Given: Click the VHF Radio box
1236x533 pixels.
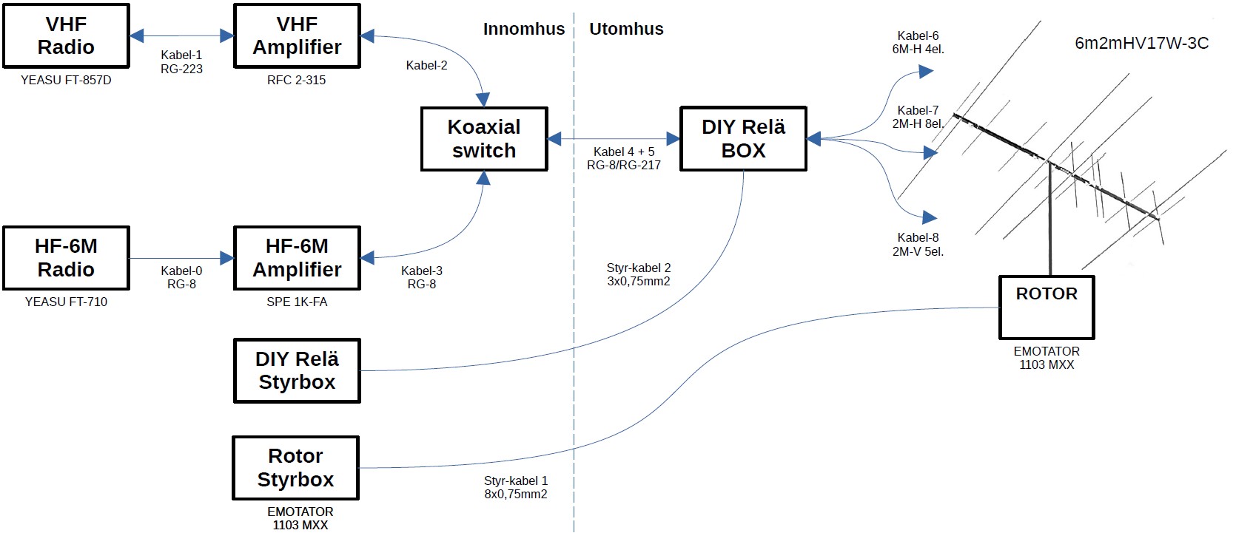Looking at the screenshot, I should (67, 35).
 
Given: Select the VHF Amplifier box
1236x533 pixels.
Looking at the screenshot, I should (297, 35).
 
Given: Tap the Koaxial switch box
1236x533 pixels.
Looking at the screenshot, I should (484, 139).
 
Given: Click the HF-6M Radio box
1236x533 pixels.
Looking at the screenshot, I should (67, 258).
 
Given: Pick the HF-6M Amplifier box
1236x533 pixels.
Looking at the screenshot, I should (297, 258).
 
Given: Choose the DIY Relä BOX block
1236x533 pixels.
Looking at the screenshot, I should (743, 139).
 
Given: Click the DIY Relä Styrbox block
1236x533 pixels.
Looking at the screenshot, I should (297, 370).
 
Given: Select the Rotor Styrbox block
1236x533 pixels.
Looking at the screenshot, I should (295, 468).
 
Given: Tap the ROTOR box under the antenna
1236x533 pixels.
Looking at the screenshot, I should (1046, 307).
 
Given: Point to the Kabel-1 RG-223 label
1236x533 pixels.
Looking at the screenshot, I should (181, 62).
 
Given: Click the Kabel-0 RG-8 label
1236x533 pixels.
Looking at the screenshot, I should (181, 277).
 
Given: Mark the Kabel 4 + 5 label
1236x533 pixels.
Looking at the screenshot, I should (624, 158).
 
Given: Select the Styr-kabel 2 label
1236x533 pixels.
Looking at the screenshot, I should (639, 274).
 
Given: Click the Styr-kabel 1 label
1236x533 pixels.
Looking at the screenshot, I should (516, 487).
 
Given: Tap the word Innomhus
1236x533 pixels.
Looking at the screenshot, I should (523, 30).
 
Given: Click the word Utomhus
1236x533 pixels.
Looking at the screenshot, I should (626, 30).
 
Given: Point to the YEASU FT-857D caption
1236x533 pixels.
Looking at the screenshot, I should (66, 80).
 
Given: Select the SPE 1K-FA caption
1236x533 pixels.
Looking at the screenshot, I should (297, 302).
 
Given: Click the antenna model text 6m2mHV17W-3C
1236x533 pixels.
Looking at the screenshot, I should (1141, 44).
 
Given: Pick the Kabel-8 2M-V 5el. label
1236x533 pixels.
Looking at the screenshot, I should (918, 245).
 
